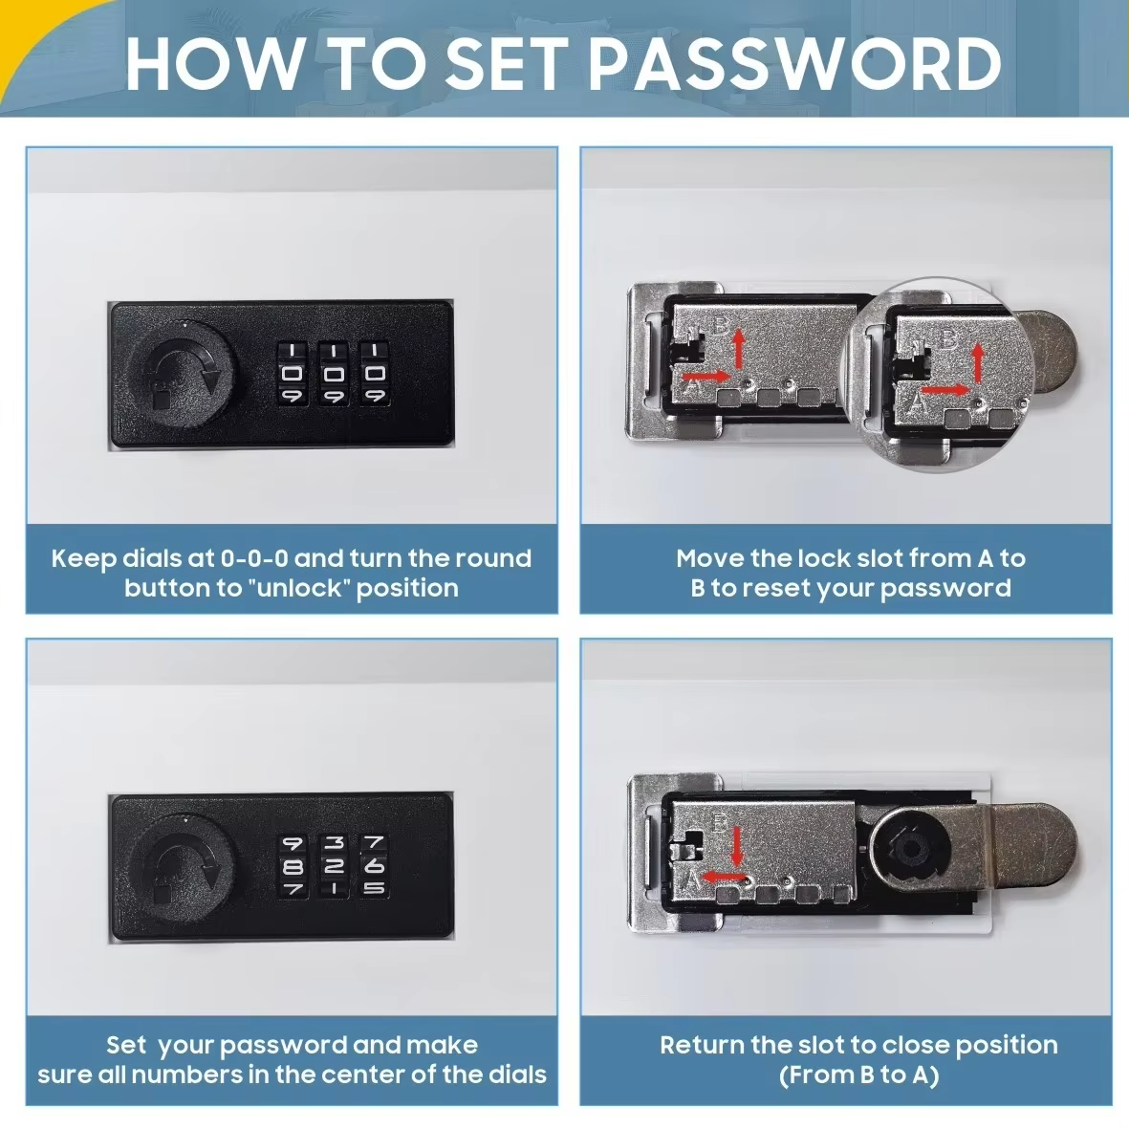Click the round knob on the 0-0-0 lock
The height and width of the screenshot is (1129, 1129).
click(181, 373)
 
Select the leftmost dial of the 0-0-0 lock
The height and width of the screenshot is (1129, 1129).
click(293, 373)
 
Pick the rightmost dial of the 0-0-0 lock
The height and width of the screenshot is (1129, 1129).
click(375, 373)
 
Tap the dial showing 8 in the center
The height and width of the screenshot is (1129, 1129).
click(293, 866)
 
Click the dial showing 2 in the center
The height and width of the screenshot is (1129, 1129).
click(334, 866)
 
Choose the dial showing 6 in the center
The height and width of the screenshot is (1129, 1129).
click(375, 866)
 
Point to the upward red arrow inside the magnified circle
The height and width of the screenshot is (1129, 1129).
click(978, 363)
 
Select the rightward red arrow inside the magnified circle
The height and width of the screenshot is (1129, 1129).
click(946, 390)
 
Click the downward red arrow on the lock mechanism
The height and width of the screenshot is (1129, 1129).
click(737, 845)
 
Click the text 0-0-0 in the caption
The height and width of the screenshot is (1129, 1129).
click(254, 558)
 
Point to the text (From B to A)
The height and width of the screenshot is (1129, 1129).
click(858, 1075)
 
